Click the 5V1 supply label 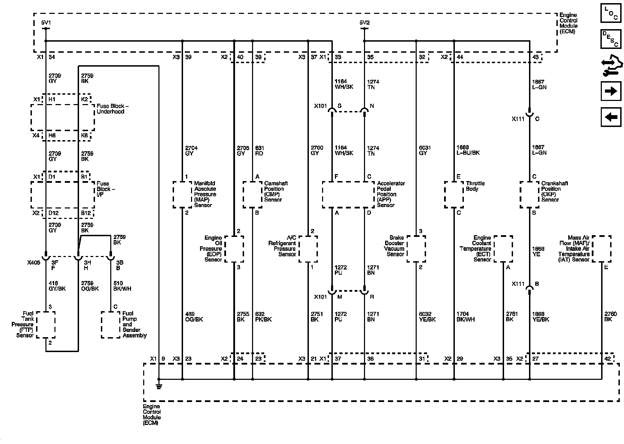pyautogui.click(x=46, y=23)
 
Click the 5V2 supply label pyautogui.click(x=364, y=23)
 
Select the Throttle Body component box pyautogui.click(x=454, y=195)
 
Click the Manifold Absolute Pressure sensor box pyautogui.click(x=182, y=195)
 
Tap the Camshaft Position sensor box pyautogui.click(x=252, y=195)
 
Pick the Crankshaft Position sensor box pyautogui.click(x=529, y=195)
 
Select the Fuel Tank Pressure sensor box pyautogui.click(x=46, y=325)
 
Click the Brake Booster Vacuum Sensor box pyautogui.click(x=416, y=249)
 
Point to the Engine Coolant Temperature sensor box pyautogui.click(x=503, y=249)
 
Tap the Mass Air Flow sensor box pyautogui.click(x=601, y=249)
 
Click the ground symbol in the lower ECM pyautogui.click(x=159, y=385)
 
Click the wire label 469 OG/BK pyautogui.click(x=194, y=317)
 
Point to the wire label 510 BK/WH pyautogui.click(x=122, y=286)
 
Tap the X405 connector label pyautogui.click(x=33, y=263)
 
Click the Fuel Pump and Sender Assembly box pyautogui.click(x=111, y=325)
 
